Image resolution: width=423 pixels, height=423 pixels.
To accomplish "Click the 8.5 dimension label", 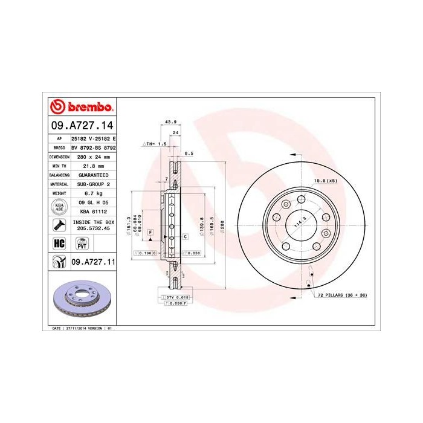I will tap(189, 154).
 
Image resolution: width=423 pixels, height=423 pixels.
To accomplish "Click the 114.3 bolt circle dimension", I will tap(298, 223).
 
